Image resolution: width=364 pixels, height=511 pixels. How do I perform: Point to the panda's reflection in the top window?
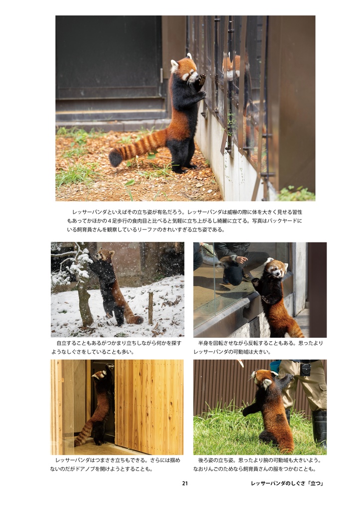coord(230,67)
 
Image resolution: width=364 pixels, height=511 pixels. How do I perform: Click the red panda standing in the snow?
coord(111,288)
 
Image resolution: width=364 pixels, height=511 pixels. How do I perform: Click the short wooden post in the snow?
coord(150,308)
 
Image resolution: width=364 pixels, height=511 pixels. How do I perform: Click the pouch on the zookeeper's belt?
coord(305,369)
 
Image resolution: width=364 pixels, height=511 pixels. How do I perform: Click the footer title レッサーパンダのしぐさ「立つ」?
coord(287,483)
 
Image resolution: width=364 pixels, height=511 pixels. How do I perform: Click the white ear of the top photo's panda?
coord(175,64)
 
